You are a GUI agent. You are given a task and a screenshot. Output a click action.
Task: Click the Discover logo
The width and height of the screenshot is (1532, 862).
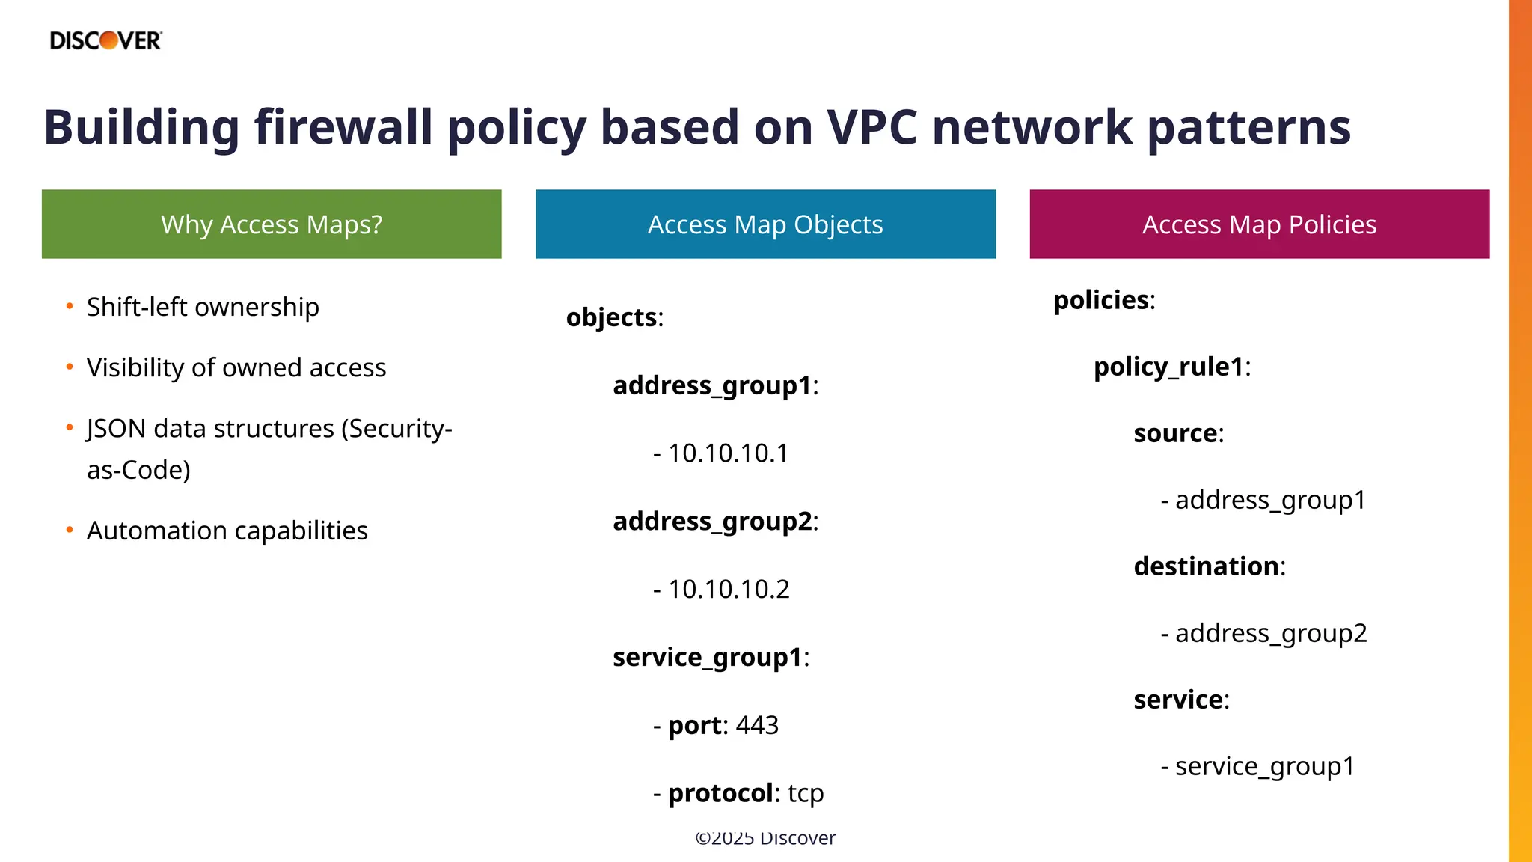(105, 40)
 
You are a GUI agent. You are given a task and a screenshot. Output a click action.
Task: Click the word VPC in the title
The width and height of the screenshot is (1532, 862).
(871, 127)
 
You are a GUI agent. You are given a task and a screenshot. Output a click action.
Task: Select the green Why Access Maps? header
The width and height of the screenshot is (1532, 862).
(272, 224)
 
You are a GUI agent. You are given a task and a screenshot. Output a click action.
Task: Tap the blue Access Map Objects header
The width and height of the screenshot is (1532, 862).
(765, 224)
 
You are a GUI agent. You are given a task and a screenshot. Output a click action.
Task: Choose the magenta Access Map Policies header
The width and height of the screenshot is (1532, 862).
(1259, 224)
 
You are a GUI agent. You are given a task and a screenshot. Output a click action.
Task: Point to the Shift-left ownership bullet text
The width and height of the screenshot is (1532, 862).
(203, 307)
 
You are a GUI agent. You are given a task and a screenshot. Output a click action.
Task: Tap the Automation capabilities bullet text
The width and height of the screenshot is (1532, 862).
(227, 531)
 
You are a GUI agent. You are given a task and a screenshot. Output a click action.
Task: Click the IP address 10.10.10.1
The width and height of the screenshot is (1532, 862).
(728, 453)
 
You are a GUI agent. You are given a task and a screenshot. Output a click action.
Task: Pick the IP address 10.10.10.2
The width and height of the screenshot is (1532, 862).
(729, 590)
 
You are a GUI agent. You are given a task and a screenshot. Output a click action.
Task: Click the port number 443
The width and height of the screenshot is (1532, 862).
(757, 725)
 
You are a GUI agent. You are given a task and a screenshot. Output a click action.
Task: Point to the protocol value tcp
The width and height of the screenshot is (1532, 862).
(806, 793)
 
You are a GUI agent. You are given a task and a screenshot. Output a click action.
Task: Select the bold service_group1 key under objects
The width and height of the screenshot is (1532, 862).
(707, 657)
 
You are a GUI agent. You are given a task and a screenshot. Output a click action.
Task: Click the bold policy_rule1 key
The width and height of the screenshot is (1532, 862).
(1168, 367)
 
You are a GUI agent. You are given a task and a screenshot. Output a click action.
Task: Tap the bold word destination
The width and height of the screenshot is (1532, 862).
(1206, 566)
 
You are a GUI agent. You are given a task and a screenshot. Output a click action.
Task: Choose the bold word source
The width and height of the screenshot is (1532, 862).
(1175, 433)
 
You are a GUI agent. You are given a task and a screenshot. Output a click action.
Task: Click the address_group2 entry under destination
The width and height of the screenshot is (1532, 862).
(1271, 633)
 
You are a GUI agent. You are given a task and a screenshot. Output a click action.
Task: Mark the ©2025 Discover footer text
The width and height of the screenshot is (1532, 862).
(765, 838)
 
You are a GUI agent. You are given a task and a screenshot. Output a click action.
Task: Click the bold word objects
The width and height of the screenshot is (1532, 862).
(611, 317)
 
